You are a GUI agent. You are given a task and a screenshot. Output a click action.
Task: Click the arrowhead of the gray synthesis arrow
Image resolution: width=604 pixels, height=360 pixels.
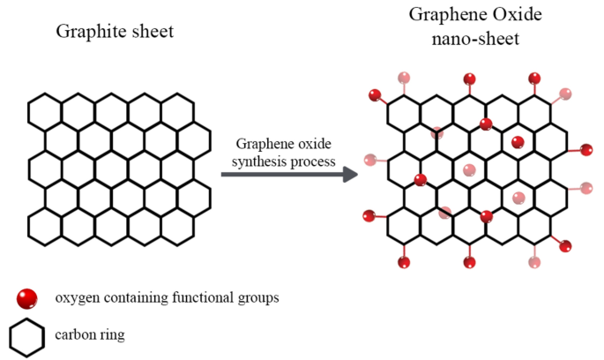pyautogui.click(x=350, y=173)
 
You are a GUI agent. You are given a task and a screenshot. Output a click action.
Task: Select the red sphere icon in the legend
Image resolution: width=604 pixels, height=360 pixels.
pyautogui.click(x=27, y=297)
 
